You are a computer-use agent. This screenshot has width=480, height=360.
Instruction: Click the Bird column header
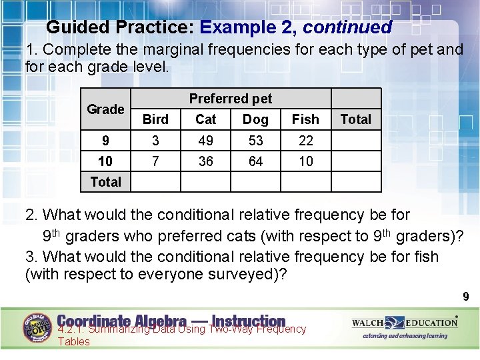pos(155,119)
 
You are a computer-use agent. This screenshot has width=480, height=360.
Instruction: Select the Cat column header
pos(206,119)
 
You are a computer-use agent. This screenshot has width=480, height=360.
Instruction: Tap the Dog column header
pos(255,119)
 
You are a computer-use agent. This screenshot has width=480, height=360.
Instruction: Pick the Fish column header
pos(305,119)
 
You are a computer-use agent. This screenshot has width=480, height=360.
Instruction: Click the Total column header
pos(355,119)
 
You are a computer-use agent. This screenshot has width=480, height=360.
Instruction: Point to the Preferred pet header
pos(231,99)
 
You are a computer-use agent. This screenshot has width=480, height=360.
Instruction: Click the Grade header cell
pos(105,109)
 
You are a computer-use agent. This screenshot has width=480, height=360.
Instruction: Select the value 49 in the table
pos(206,141)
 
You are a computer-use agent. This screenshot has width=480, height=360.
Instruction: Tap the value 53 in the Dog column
pos(255,141)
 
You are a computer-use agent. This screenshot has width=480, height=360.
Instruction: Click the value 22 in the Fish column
pos(305,141)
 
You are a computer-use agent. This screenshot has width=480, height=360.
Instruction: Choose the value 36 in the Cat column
pos(206,161)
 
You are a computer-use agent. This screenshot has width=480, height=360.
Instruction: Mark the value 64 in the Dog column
pos(255,161)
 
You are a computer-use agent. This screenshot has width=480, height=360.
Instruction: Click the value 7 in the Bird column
pos(155,161)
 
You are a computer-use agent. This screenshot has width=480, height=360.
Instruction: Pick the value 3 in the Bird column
pos(155,141)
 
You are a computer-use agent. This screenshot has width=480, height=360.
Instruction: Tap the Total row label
pos(105,181)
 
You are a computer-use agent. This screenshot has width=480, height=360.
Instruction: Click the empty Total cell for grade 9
pos(355,141)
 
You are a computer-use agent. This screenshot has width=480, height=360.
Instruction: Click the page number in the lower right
pos(466,297)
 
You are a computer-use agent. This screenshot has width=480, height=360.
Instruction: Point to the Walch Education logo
pos(405,323)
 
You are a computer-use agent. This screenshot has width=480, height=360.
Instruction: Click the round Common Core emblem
pos(37,328)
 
